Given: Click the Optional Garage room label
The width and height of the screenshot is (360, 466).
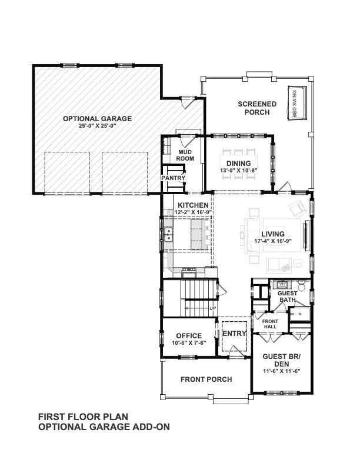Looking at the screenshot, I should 98,118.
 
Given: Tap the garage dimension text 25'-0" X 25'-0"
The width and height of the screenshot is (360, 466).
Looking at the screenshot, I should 98,126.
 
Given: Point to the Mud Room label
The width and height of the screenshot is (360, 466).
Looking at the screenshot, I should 186,155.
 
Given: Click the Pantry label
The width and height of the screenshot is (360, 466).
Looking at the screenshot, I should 174,178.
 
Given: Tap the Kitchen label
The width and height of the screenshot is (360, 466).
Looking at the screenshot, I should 193,205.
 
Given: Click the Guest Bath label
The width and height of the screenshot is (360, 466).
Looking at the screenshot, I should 288,297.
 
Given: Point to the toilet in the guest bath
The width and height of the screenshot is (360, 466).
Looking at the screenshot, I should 301,287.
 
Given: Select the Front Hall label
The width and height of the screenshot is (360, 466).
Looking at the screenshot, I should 262,323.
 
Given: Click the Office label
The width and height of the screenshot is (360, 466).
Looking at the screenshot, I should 188,336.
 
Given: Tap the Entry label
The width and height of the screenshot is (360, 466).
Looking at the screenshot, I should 234,333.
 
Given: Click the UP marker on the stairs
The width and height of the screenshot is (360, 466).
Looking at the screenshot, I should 212,308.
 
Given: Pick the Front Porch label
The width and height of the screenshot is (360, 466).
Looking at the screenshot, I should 206,379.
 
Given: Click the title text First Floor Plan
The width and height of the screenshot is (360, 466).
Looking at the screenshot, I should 83,416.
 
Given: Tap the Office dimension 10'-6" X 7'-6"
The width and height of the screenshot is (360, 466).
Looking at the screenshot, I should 188,344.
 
